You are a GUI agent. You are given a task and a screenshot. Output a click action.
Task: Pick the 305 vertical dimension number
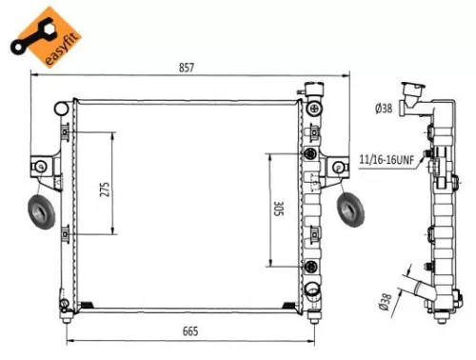tap(279, 208)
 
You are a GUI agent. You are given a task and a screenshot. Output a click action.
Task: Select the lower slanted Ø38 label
tap(386, 301)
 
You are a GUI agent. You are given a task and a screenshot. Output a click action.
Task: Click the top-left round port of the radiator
tap(63, 101)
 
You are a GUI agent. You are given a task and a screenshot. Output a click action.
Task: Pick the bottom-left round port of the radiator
tap(63, 305)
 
